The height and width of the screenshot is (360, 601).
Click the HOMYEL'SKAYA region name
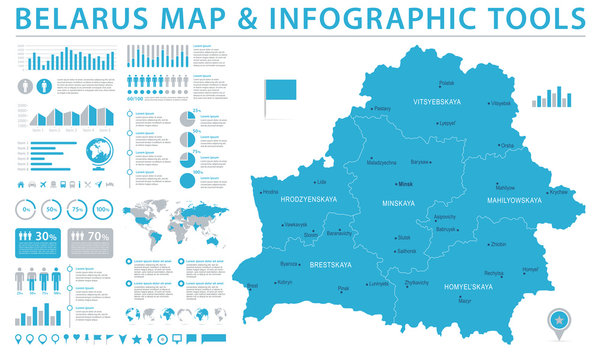click(x=468, y=287)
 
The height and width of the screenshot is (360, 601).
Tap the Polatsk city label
click(x=447, y=84)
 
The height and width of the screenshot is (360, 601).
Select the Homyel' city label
click(x=530, y=270)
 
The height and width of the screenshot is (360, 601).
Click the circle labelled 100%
click(x=103, y=210)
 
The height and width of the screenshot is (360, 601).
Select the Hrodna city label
click(x=271, y=192)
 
